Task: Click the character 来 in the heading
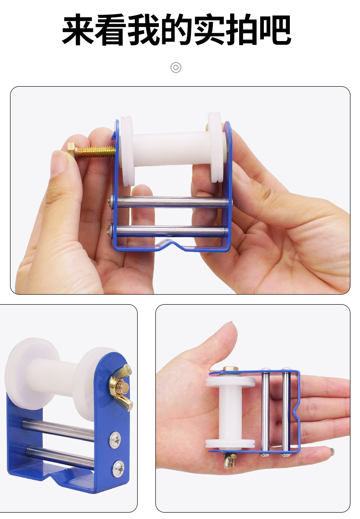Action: click(x=78, y=30)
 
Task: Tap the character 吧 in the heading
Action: click(x=275, y=30)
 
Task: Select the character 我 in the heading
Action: click(x=144, y=30)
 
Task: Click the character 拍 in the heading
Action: click(x=242, y=30)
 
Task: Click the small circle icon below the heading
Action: click(x=176, y=67)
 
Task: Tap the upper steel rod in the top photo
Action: click(x=170, y=201)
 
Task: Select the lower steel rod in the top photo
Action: click(x=168, y=230)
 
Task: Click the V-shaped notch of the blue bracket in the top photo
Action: click(x=172, y=244)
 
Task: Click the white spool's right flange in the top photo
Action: click(x=216, y=147)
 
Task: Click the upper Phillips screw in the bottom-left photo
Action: click(x=115, y=440)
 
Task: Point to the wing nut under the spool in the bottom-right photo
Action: click(x=230, y=459)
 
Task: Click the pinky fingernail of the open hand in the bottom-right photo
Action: click(x=331, y=451)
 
